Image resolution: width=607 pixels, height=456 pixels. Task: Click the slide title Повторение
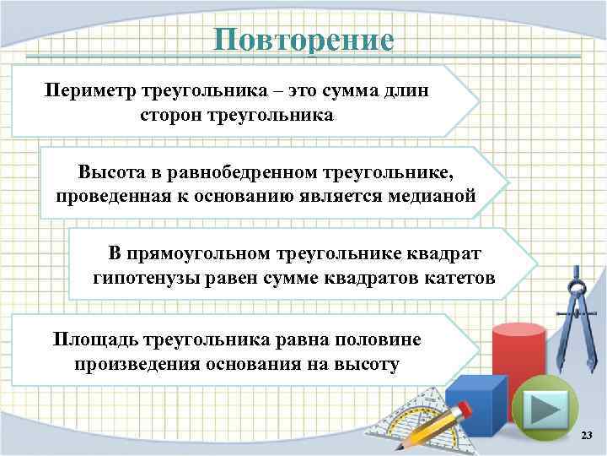click(x=303, y=40)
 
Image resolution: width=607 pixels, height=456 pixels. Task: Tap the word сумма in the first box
click(x=352, y=90)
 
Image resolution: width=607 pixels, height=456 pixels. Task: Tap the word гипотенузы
click(x=142, y=278)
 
